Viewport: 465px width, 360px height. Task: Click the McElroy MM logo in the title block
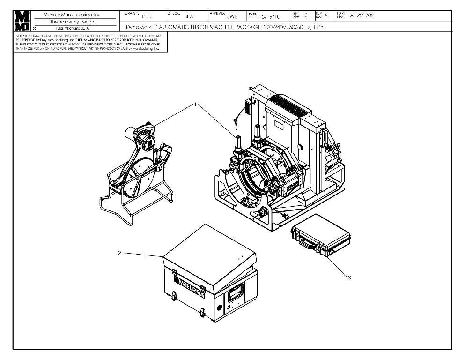(22, 21)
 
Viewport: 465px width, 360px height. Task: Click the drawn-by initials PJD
(147, 16)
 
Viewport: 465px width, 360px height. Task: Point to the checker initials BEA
(189, 16)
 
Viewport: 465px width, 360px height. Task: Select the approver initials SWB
(233, 16)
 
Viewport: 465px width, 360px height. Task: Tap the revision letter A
(326, 15)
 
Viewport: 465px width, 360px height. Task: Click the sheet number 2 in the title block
(306, 15)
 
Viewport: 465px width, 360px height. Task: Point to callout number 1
(194, 105)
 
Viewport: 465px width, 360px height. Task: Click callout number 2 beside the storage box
(119, 253)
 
